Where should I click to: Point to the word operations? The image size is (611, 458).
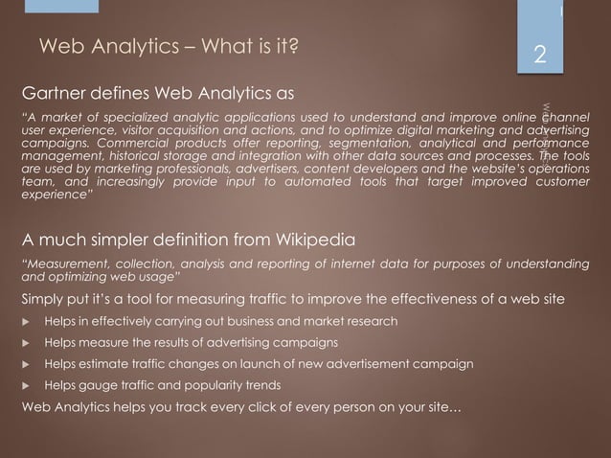point(554,167)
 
